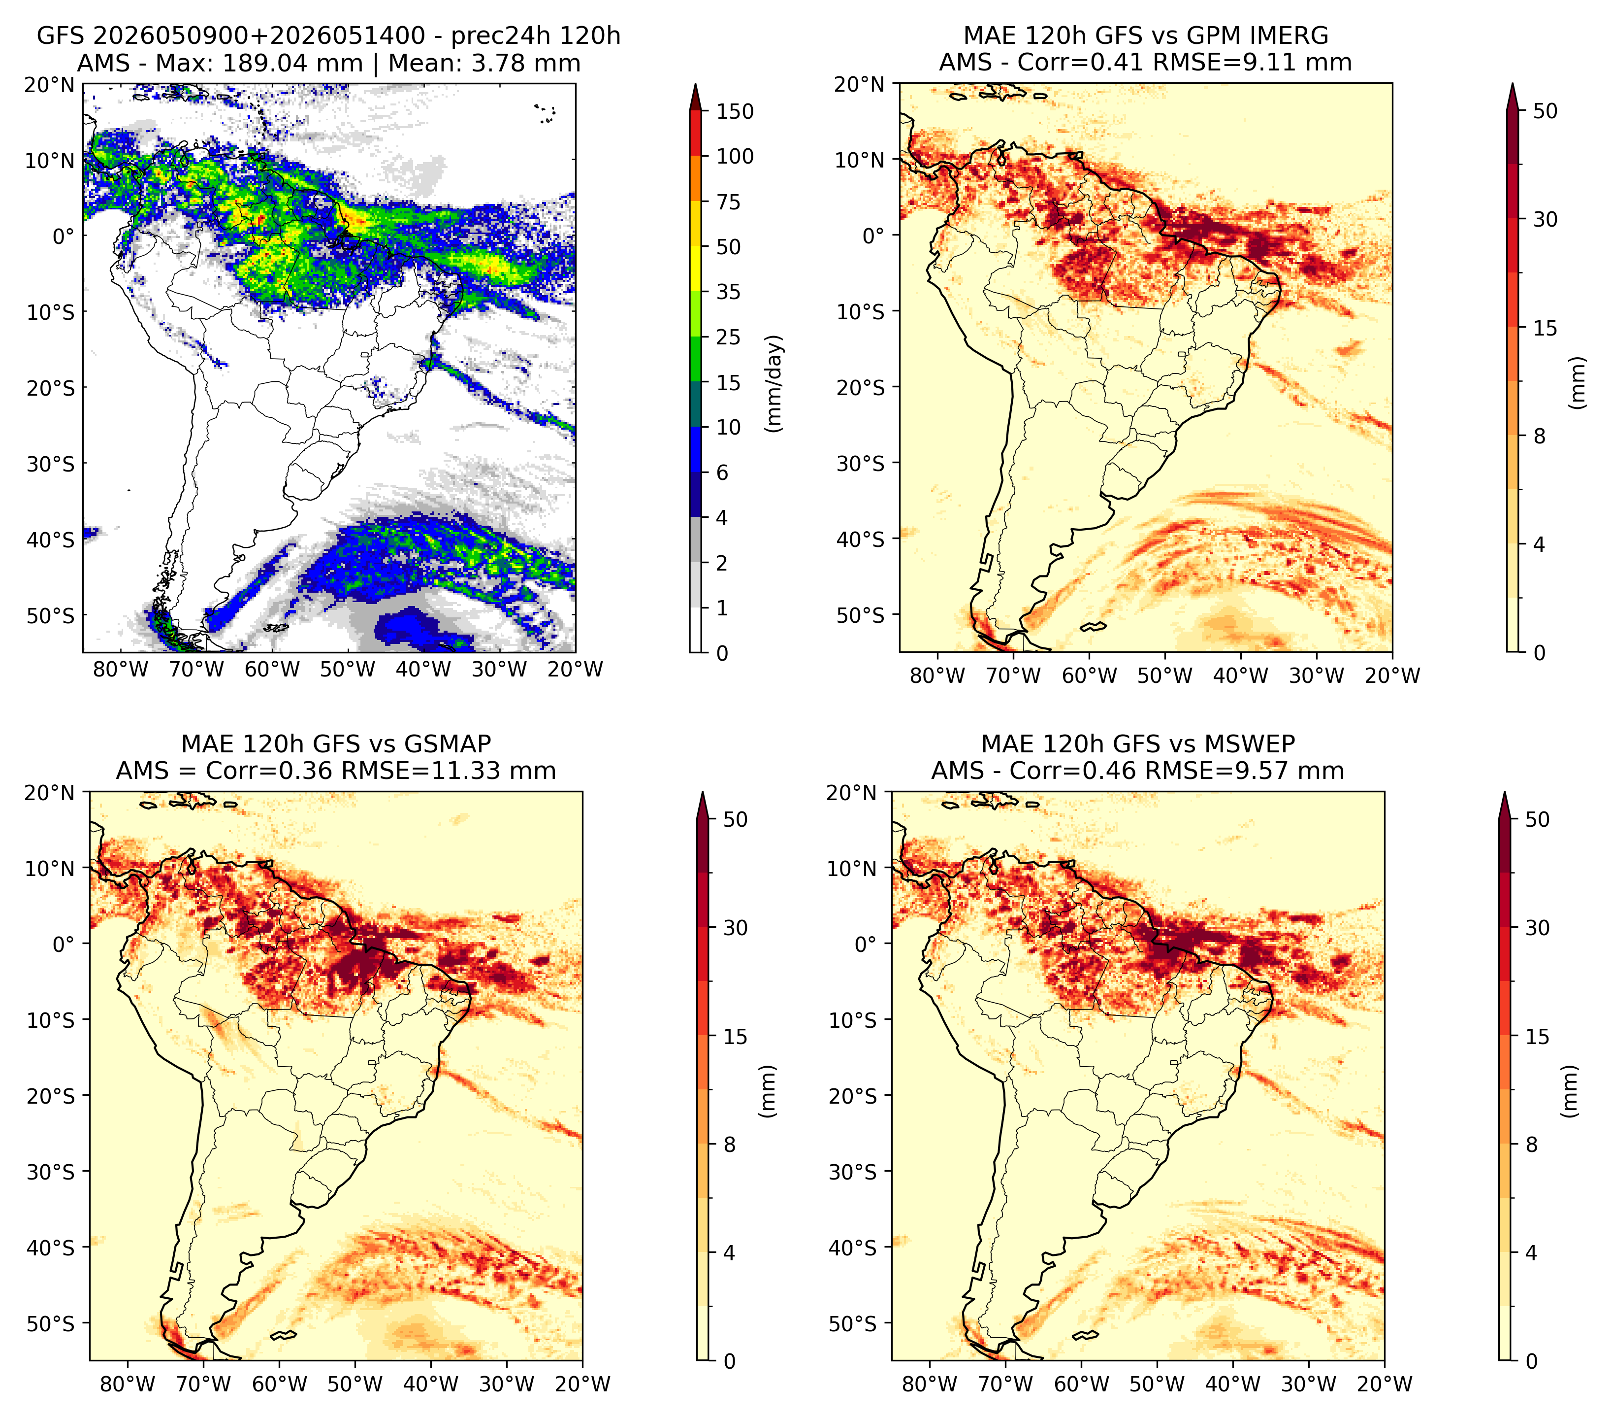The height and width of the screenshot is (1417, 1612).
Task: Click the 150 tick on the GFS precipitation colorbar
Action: click(734, 111)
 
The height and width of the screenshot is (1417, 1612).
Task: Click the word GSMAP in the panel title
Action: click(447, 744)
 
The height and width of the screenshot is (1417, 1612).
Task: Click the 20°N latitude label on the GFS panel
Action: click(50, 84)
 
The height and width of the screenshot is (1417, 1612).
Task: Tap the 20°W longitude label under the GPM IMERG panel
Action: click(1392, 676)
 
